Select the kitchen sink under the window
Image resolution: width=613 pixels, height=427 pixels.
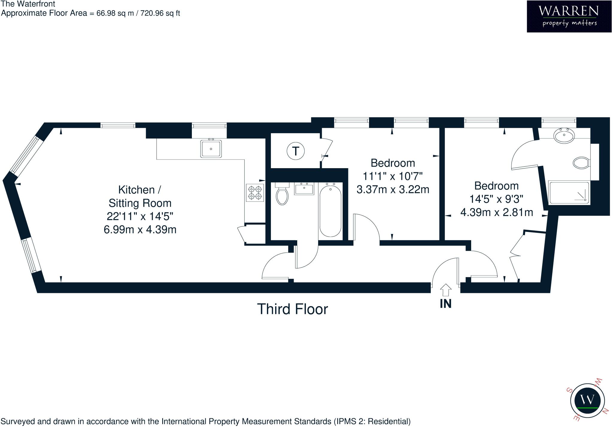coord(211,149)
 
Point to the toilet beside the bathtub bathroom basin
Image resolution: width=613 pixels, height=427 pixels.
coord(282,196)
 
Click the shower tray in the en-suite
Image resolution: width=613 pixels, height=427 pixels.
coord(568,193)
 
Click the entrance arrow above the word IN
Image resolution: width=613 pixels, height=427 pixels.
coord(445,290)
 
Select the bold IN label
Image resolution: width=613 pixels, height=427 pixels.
coord(445,304)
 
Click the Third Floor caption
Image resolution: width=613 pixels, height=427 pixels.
coord(292,309)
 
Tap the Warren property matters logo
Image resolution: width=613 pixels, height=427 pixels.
coord(569,16)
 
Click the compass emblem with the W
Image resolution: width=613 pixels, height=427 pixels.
coord(587,400)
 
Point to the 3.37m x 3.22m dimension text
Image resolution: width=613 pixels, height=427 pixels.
coord(393,189)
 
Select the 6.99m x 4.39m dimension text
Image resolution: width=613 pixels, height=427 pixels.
coord(140,230)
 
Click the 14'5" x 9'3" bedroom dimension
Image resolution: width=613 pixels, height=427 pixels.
coord(496,199)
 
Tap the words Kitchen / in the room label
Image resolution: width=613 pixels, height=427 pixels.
coord(139,190)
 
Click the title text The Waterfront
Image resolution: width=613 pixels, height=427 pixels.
coord(28,4)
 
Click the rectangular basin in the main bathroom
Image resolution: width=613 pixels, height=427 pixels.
coord(304,189)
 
